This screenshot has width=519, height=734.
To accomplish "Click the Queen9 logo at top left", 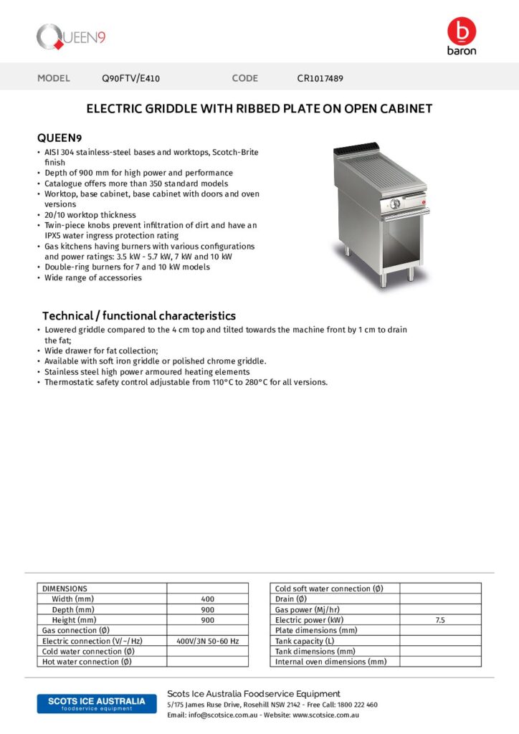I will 71,37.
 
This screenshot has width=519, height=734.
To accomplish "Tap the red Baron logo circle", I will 461,31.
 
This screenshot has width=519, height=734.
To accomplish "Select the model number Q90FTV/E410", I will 135,78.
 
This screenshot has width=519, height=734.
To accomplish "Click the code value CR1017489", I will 320,78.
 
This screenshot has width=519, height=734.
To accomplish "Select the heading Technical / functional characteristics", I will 138,315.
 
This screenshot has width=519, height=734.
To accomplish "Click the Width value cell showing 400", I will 207,599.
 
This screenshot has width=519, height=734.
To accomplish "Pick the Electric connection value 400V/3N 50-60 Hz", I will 207,641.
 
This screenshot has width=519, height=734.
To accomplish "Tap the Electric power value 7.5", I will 439,620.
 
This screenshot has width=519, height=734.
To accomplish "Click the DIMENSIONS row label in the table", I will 65,588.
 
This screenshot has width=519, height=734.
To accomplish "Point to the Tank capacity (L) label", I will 305,641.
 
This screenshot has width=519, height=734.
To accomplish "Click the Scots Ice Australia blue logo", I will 96,703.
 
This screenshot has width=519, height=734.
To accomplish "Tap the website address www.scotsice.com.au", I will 325,715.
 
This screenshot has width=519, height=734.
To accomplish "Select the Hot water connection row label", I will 87,662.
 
